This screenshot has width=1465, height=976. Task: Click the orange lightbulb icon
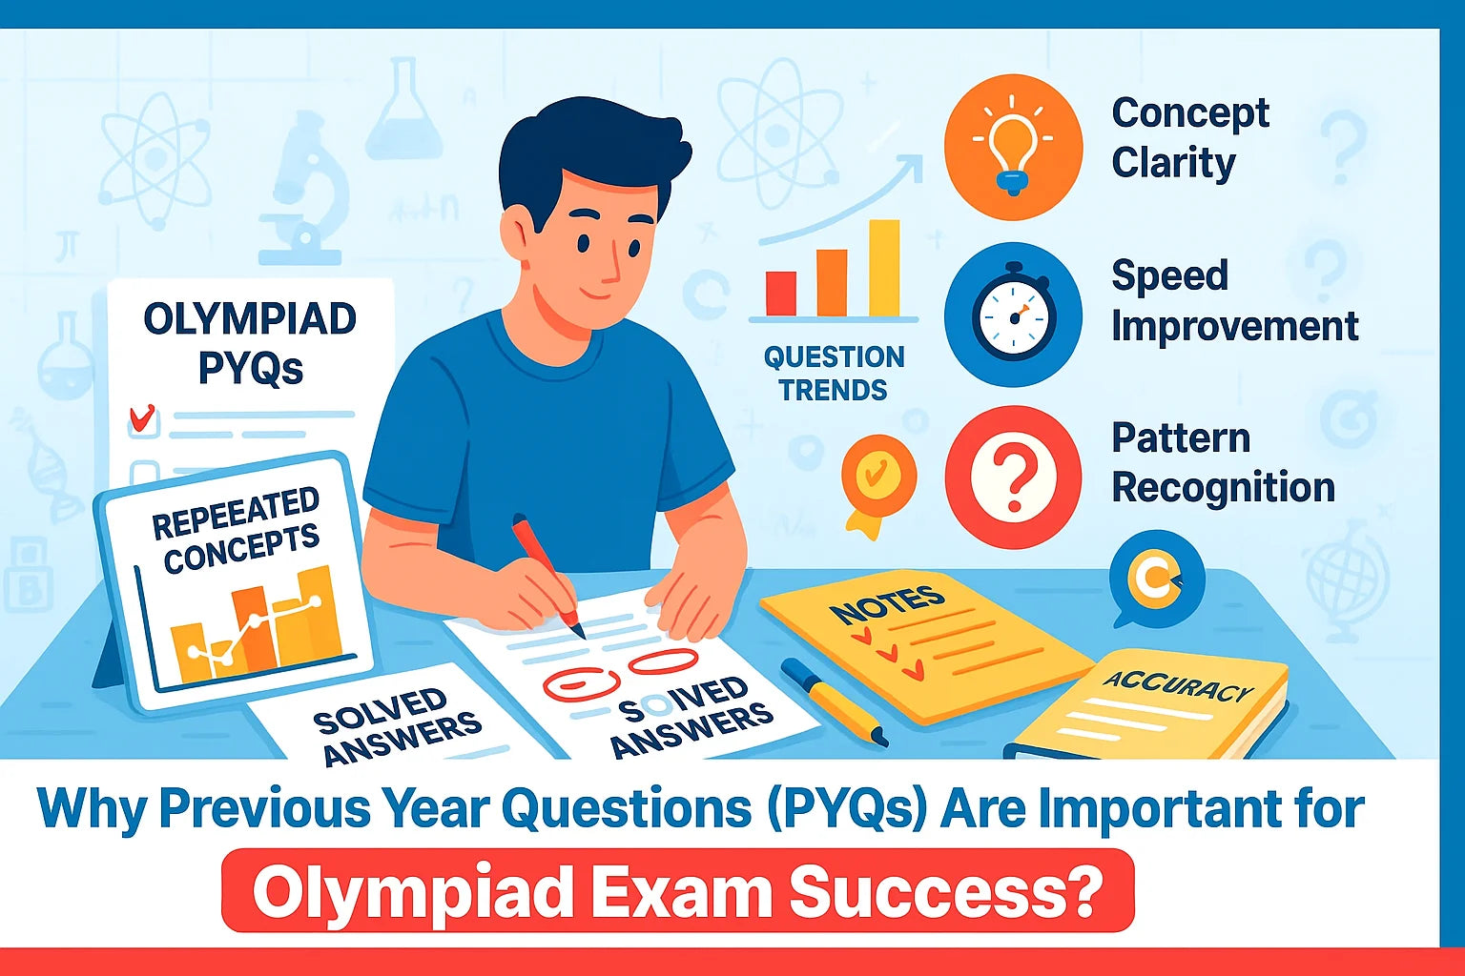point(1013,148)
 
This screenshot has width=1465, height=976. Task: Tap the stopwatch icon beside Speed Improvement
point(1013,315)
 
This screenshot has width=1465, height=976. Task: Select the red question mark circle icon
point(1013,477)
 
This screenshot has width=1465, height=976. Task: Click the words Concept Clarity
point(1189,138)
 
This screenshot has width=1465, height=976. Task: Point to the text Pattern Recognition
point(1223,463)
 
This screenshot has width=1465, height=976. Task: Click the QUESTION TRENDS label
point(834,374)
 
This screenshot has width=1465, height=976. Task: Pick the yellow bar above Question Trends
point(883,268)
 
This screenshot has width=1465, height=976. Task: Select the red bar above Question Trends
point(781,293)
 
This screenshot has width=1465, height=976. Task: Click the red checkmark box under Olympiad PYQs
point(143,419)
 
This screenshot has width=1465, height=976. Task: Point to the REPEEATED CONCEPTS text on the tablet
point(237,529)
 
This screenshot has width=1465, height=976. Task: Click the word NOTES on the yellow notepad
point(887,604)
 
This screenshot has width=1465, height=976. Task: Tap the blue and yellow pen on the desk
point(834,701)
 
